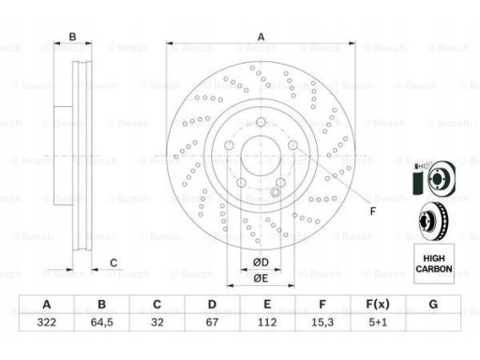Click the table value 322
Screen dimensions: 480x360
47,322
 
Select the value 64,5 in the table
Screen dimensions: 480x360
102,322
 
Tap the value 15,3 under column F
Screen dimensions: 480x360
322,322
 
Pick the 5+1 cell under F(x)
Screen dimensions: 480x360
378,322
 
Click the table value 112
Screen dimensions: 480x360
267,322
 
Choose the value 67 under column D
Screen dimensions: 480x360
212,322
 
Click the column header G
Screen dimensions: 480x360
433,304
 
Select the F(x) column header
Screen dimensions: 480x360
378,304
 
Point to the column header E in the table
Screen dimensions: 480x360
267,304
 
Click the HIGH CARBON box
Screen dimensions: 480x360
434,263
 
